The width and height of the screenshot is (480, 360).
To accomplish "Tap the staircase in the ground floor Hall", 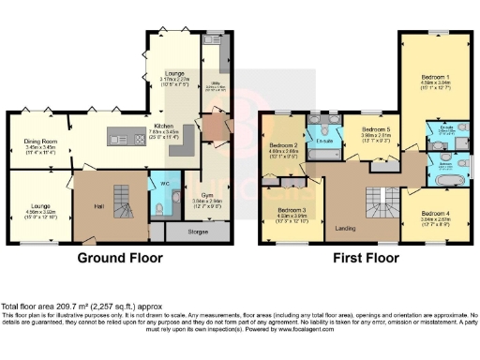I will point(122,200).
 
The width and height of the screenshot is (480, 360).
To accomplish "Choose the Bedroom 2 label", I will point(283,146).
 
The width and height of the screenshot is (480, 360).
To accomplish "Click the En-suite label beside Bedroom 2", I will point(326,142).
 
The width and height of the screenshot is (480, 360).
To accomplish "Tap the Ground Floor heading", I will point(115,258).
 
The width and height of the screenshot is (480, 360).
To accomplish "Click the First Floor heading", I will point(360,258).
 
